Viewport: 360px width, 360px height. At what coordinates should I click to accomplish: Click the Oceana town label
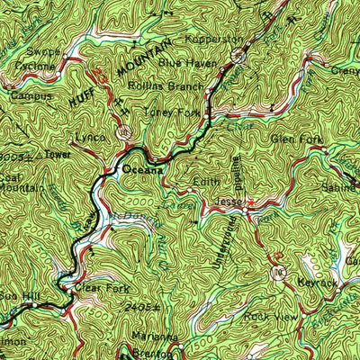144,169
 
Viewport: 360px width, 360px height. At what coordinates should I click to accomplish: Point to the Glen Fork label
291,139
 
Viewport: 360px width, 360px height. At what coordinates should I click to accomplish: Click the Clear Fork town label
102,290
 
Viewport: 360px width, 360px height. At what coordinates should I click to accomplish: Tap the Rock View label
268,318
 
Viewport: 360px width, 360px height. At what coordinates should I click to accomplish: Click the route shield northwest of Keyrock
278,269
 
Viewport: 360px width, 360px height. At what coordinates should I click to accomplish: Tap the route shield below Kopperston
238,56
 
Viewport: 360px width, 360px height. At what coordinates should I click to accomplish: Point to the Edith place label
205,182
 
